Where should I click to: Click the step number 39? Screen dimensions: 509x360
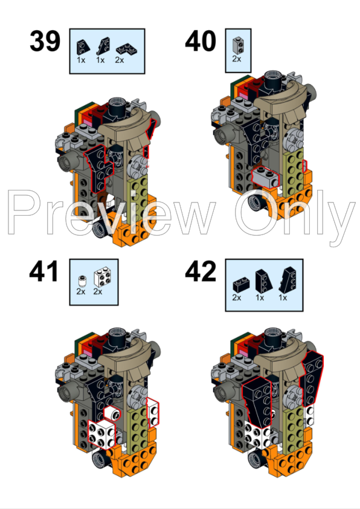tap(45, 42)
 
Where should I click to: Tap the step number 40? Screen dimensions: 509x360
tap(201, 42)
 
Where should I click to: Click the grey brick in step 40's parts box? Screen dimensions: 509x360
tap(237, 44)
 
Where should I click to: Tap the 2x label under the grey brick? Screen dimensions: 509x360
tap(237, 59)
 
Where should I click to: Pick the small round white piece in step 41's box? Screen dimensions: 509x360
tap(81, 279)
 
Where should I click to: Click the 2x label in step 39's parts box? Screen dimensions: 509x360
tap(119, 60)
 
